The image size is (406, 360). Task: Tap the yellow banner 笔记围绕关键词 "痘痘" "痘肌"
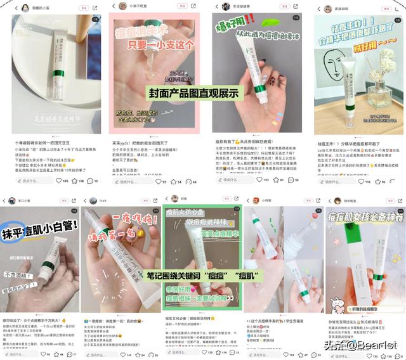tap(204, 276)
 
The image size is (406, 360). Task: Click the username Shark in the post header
tap(102, 200)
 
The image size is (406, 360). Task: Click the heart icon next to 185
tap(58, 181)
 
